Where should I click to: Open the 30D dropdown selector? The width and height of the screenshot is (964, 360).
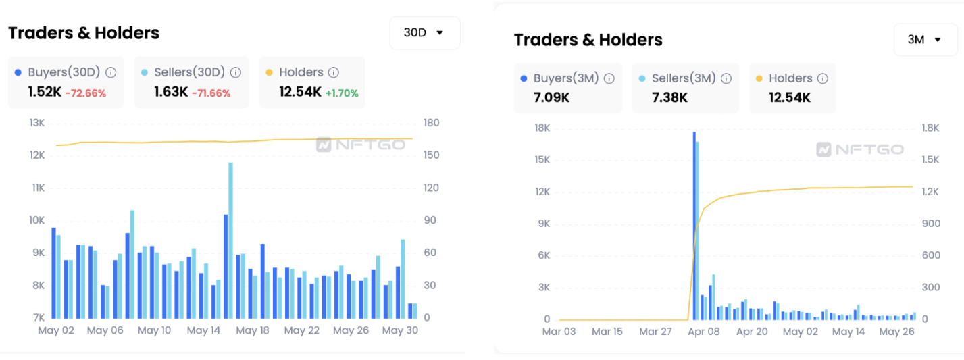(x=424, y=32)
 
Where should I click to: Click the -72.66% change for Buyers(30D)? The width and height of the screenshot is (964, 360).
(x=85, y=93)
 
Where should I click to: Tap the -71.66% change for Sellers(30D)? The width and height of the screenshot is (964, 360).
(x=211, y=93)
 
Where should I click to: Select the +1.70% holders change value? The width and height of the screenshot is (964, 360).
(x=342, y=93)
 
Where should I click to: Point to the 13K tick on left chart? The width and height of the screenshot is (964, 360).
(x=36, y=123)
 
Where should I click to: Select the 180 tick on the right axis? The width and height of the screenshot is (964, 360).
(x=431, y=123)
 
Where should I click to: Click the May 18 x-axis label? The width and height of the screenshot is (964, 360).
(x=253, y=330)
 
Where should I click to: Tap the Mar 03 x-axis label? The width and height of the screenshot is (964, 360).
(x=559, y=332)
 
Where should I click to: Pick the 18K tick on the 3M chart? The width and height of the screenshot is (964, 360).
(x=541, y=128)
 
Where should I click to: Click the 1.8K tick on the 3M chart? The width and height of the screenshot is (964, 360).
(x=930, y=128)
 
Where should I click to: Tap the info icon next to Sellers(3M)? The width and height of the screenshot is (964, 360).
(x=726, y=78)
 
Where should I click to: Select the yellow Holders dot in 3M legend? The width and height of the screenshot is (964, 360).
(x=759, y=78)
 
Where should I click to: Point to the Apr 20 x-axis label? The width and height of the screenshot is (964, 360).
(x=753, y=332)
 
